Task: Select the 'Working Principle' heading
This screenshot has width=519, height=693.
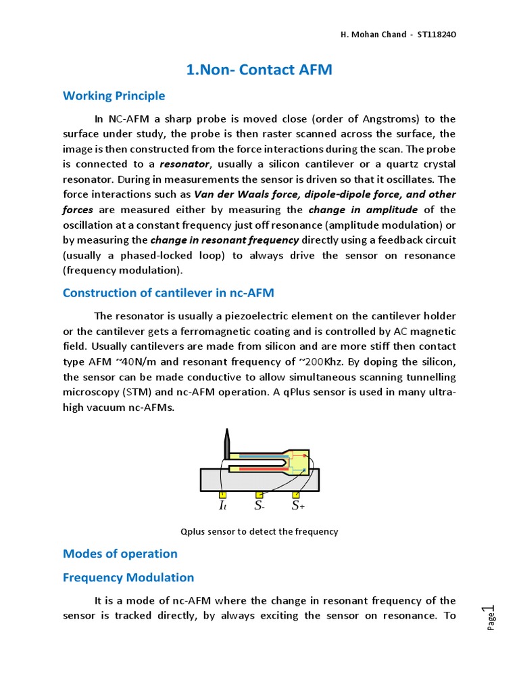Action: tap(114, 95)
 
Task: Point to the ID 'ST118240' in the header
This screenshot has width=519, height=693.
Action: tap(441, 34)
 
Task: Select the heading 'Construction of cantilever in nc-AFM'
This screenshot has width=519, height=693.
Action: tap(168, 292)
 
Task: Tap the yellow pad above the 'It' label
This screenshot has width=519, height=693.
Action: tap(222, 495)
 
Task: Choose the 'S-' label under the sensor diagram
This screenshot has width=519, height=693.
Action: tap(259, 506)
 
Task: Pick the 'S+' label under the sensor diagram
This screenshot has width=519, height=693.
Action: tap(298, 506)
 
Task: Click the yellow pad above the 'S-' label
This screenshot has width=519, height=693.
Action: tap(259, 495)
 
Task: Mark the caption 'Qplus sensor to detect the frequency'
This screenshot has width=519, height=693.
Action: tap(259, 531)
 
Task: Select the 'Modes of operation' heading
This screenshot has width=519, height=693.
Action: tap(120, 554)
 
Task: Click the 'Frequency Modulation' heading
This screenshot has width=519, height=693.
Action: tap(128, 577)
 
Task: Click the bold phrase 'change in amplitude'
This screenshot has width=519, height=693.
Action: tap(363, 210)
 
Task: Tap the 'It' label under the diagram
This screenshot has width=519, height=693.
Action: tap(222, 506)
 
